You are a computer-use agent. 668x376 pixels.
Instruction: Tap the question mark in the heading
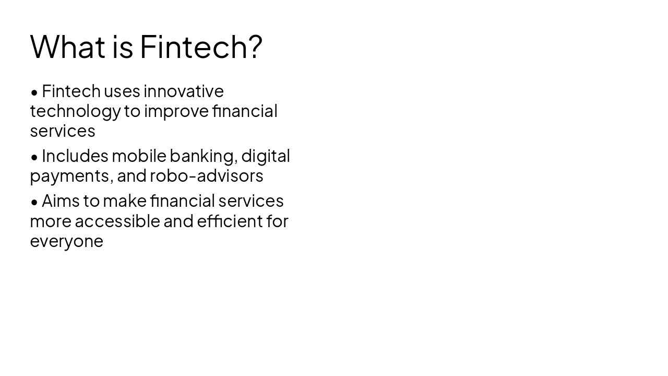click(x=255, y=46)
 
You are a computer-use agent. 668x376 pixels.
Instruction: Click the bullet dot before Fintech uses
click(x=34, y=92)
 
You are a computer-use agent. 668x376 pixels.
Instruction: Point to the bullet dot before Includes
click(x=34, y=157)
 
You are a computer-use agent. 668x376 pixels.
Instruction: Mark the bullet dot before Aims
click(x=34, y=202)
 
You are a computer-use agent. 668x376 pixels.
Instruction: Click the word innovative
click(x=184, y=91)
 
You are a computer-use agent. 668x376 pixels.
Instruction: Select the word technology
click(x=75, y=111)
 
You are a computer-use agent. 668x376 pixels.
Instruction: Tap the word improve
click(x=176, y=111)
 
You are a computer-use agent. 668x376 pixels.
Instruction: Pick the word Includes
click(x=75, y=156)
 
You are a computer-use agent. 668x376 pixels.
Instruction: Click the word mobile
click(x=139, y=156)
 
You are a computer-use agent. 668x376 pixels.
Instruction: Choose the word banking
click(x=204, y=156)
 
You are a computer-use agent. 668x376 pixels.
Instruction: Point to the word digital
click(x=266, y=156)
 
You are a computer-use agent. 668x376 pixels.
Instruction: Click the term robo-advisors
click(x=207, y=176)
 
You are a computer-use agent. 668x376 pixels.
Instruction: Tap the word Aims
click(x=60, y=201)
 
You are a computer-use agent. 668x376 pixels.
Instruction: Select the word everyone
click(x=66, y=241)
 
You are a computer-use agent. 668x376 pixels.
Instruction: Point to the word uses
click(x=122, y=91)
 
